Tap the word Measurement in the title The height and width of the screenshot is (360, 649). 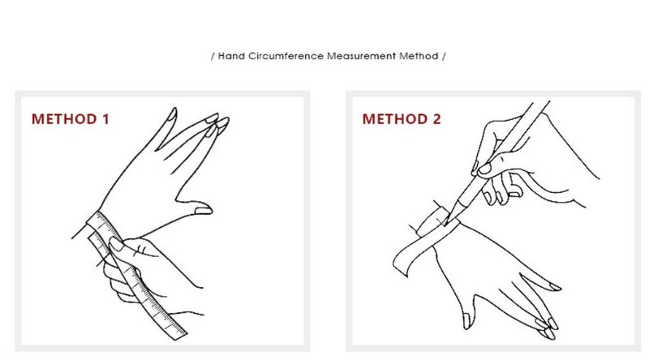point(361,56)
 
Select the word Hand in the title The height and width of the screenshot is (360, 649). point(231,56)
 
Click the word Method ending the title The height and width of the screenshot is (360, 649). point(419,56)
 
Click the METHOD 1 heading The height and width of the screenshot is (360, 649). point(71,119)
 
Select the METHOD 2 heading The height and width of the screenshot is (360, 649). point(402,119)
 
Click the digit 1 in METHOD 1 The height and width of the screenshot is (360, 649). point(106,119)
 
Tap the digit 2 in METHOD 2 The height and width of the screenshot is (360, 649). point(436,119)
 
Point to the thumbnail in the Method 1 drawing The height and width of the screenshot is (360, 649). point(204,210)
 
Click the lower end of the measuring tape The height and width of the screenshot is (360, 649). point(178,334)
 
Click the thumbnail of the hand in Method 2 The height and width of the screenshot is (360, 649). point(466,321)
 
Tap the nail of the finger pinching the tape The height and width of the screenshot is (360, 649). point(116,244)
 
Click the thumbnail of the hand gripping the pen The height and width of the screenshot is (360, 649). point(484,169)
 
